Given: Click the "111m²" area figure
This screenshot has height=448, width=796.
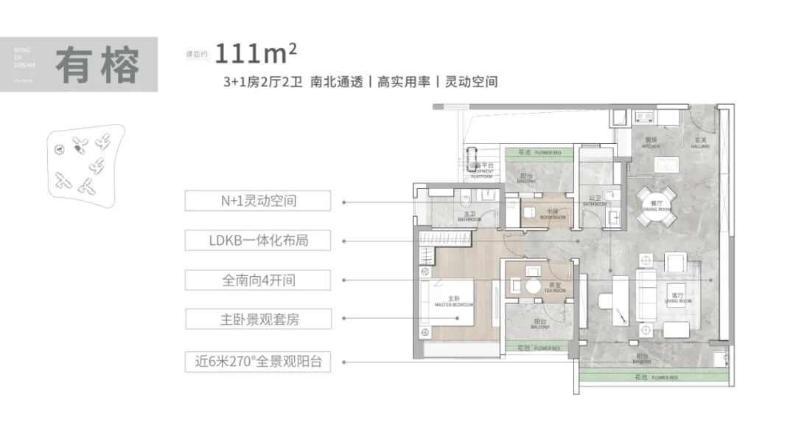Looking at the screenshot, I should [x=254, y=53].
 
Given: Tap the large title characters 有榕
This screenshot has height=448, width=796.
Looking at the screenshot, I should [x=98, y=66].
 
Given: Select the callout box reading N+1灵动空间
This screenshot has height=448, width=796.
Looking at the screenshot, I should [x=248, y=200].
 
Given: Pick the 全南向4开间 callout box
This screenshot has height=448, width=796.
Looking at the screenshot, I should [x=248, y=280].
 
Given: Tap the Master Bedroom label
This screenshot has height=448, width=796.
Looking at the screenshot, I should [x=453, y=302].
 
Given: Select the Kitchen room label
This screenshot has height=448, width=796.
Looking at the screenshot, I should [x=651, y=143].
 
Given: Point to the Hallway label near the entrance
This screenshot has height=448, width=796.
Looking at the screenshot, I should [x=701, y=143].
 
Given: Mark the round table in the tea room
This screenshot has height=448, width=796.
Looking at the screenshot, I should [x=533, y=286].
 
